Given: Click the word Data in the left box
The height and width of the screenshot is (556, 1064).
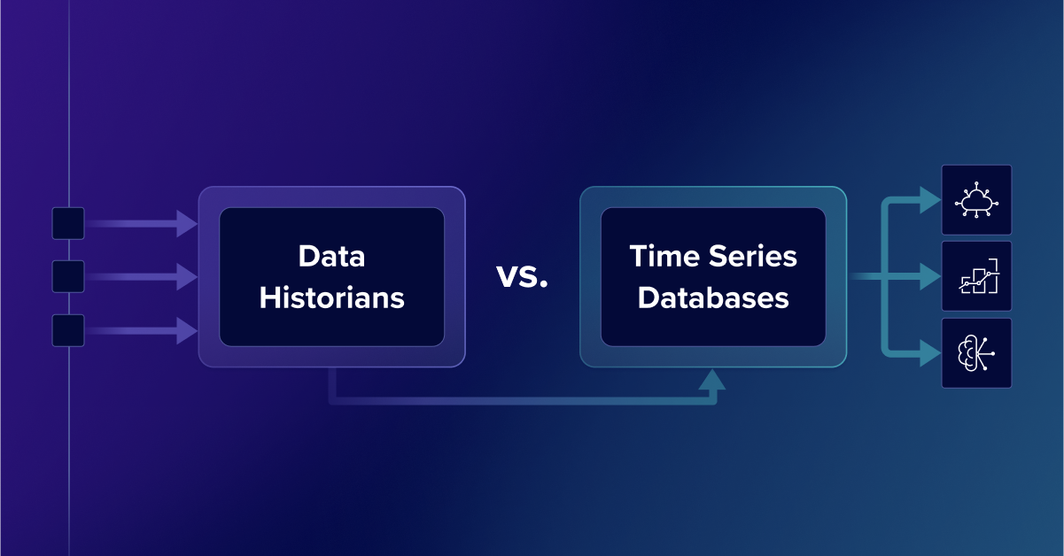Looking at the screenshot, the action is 331,256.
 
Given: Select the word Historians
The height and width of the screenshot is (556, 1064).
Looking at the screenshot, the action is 331,297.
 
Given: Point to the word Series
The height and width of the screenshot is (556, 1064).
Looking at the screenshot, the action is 753,256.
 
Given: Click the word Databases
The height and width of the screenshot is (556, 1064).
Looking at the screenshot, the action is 713,297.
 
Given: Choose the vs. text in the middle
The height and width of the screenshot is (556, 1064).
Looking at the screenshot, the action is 522,276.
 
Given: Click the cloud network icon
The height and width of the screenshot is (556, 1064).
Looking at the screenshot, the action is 976,200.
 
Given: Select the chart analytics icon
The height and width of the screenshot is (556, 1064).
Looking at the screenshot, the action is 978,276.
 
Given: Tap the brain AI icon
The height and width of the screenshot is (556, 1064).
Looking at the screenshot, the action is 975,353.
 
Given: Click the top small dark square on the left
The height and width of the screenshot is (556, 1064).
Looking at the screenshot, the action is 68,223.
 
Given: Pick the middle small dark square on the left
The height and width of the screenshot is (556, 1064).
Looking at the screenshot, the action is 68,276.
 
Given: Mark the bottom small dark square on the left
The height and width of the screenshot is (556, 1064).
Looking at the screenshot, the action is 68,330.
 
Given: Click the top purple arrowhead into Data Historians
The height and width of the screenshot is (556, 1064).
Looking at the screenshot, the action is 187,223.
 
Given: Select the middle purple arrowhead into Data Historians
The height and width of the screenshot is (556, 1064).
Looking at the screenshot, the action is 187,276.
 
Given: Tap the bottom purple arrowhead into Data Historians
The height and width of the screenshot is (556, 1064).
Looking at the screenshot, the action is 187,330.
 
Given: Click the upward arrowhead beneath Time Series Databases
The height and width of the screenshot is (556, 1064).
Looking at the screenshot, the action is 712,379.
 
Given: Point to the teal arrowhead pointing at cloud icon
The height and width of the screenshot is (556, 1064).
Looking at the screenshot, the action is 930,200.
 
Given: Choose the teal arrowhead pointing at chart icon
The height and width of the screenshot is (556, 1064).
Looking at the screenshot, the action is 930,276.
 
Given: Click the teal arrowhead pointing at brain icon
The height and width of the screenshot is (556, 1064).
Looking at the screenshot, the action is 930,353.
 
